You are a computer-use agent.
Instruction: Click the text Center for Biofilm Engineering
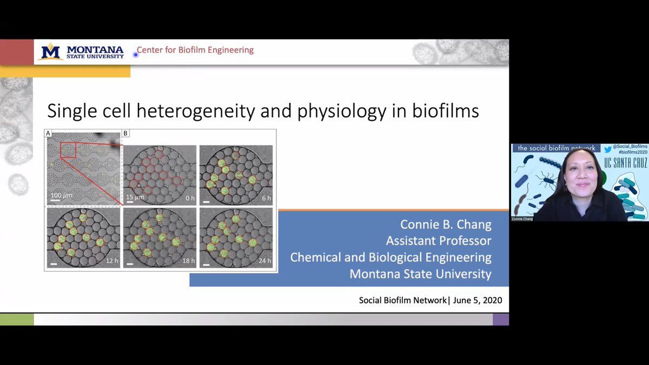point(195,50)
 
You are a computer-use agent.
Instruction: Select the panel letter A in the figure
point(49,133)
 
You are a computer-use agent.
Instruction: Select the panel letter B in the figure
point(125,133)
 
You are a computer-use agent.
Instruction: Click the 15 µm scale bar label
point(136,197)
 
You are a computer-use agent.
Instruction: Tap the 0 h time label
point(189,198)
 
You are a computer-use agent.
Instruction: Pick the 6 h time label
point(266,198)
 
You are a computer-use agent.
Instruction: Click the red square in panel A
point(68,150)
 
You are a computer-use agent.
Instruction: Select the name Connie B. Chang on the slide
point(446,224)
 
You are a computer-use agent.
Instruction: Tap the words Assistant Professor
point(439,241)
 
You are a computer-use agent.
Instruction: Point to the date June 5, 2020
point(476,300)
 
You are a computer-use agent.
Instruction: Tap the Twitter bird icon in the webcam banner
point(608,148)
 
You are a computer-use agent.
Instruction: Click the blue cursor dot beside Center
point(135,54)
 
